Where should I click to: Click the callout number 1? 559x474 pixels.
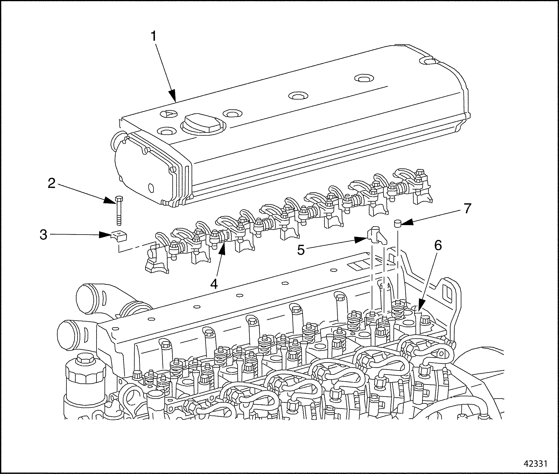[x=154, y=36]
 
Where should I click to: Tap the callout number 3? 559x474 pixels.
[x=44, y=235]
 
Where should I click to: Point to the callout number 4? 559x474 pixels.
[x=214, y=284]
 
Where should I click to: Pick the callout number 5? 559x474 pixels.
[x=301, y=249]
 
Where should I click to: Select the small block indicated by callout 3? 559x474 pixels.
[x=120, y=236]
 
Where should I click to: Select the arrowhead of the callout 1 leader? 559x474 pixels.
[x=173, y=97]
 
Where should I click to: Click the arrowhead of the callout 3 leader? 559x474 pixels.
[x=107, y=235]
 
